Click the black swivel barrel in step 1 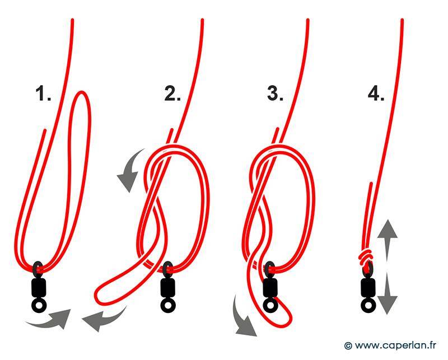point(38,288)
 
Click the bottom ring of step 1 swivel point(38,306)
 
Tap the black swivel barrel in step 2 point(168,288)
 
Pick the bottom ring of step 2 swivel point(168,306)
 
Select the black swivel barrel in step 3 point(270,288)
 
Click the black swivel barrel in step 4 point(368,288)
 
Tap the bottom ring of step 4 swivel point(368,306)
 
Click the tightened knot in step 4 point(366,256)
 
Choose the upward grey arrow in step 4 point(387,240)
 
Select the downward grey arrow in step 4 point(387,293)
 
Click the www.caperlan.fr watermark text point(395,345)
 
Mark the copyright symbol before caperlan point(348,345)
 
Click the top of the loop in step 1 point(82,92)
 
